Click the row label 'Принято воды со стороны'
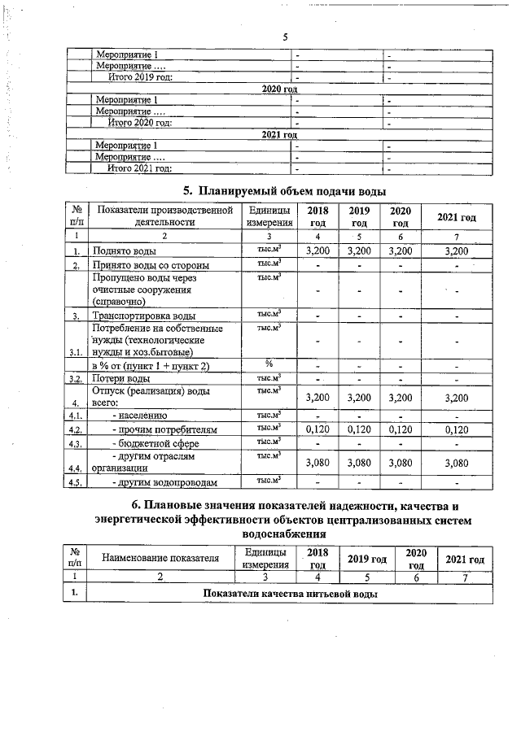pos(151,265)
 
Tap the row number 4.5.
pos(77,483)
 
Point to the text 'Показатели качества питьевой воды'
pos(290,594)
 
